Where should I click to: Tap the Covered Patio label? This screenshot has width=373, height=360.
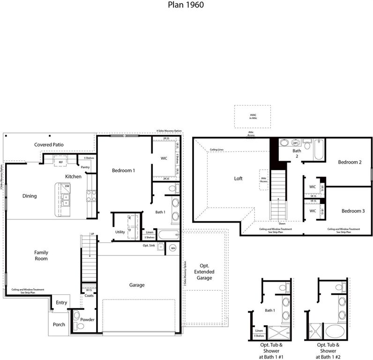[49, 145]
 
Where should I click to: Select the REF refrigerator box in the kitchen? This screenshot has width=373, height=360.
[60, 162]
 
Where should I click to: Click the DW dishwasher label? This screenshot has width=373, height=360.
[67, 187]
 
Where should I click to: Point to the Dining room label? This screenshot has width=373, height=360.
[30, 196]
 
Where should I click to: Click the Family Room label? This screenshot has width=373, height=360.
[41, 255]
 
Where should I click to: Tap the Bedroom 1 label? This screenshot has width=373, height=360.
[123, 171]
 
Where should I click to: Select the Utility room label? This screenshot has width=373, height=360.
[120, 232]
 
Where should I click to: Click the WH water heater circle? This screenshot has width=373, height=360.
[173, 248]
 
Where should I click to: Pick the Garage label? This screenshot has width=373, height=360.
[137, 285]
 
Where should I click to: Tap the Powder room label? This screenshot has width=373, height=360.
[88, 320]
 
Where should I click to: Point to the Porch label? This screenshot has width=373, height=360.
[59, 324]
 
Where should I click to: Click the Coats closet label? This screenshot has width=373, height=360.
[89, 295]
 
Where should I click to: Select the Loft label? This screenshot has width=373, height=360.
[238, 179]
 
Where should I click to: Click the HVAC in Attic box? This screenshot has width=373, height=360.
[254, 116]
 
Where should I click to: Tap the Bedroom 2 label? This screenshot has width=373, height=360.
[350, 162]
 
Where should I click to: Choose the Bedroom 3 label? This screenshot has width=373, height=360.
[352, 211]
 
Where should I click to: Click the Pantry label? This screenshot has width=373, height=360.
[85, 167]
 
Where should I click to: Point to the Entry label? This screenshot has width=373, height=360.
[61, 303]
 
